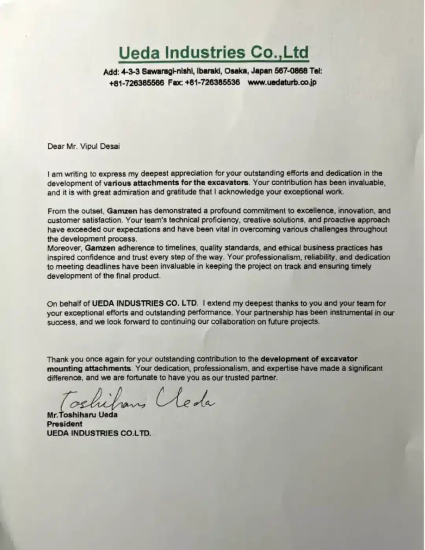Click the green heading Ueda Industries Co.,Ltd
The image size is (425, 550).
(x=214, y=53)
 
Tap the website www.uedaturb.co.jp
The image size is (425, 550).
(x=282, y=83)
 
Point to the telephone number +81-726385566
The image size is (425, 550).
(x=137, y=83)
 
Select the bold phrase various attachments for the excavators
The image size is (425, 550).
(x=177, y=183)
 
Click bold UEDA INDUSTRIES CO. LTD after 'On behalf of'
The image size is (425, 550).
(x=144, y=303)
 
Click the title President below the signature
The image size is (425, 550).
(x=65, y=424)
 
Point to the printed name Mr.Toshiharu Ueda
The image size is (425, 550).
(x=82, y=415)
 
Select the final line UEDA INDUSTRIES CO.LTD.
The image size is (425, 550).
(x=99, y=433)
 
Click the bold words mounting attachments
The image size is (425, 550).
(x=89, y=369)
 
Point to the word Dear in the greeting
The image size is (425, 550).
(x=55, y=146)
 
